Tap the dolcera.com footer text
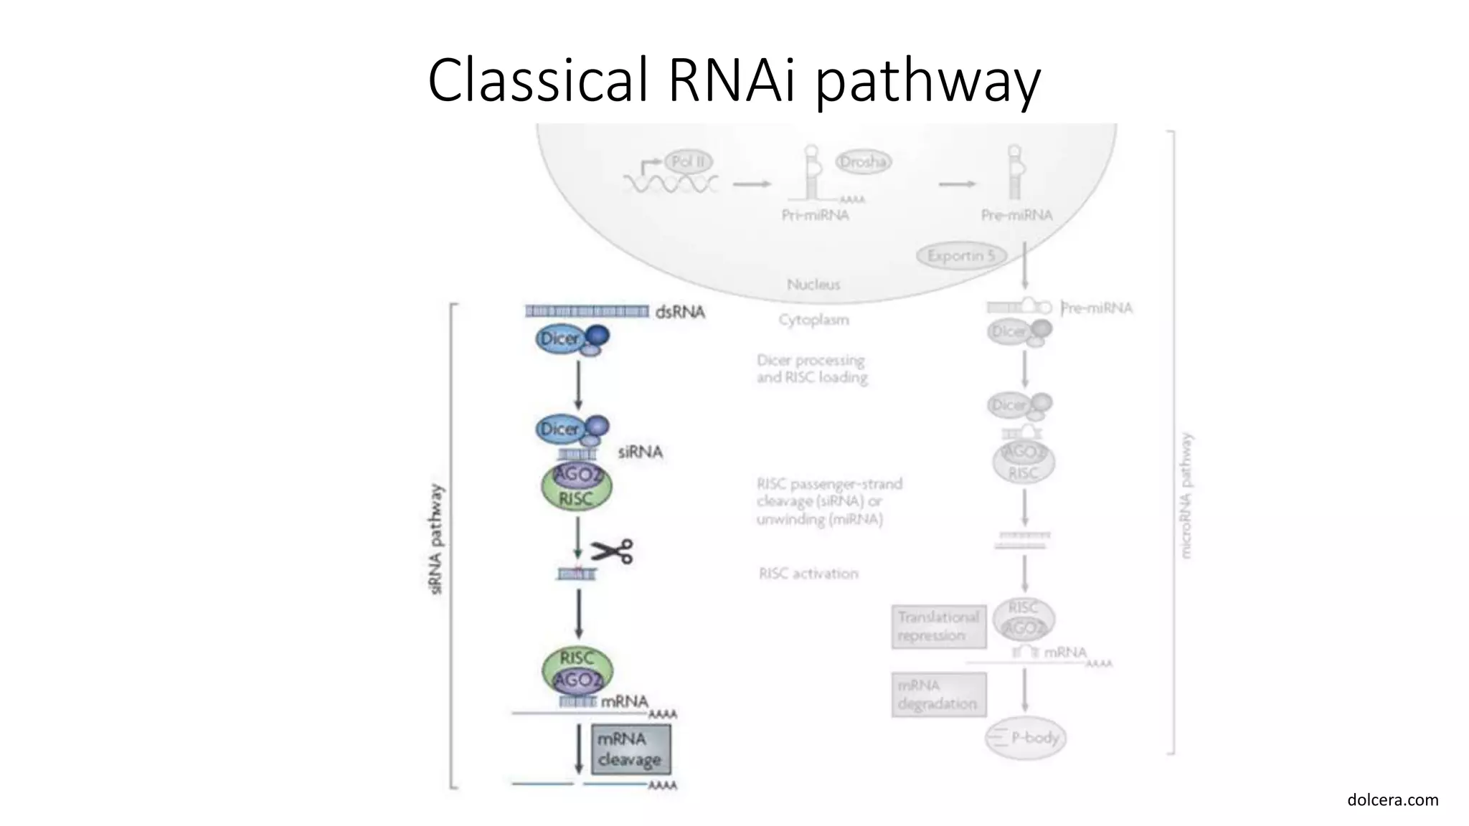point(1392,799)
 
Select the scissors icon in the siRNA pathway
point(612,551)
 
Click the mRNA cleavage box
point(630,749)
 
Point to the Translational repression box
point(938,626)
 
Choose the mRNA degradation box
point(938,694)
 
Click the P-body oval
point(1026,737)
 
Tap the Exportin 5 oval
point(961,255)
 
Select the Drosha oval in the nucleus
point(863,162)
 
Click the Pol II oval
point(689,161)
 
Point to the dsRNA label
point(679,312)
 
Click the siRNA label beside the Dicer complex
point(640,452)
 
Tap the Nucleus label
point(813,284)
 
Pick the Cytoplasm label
point(813,319)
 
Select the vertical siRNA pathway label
point(436,538)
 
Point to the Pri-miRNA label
point(815,215)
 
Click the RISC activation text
point(808,573)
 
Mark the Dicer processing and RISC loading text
point(811,369)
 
